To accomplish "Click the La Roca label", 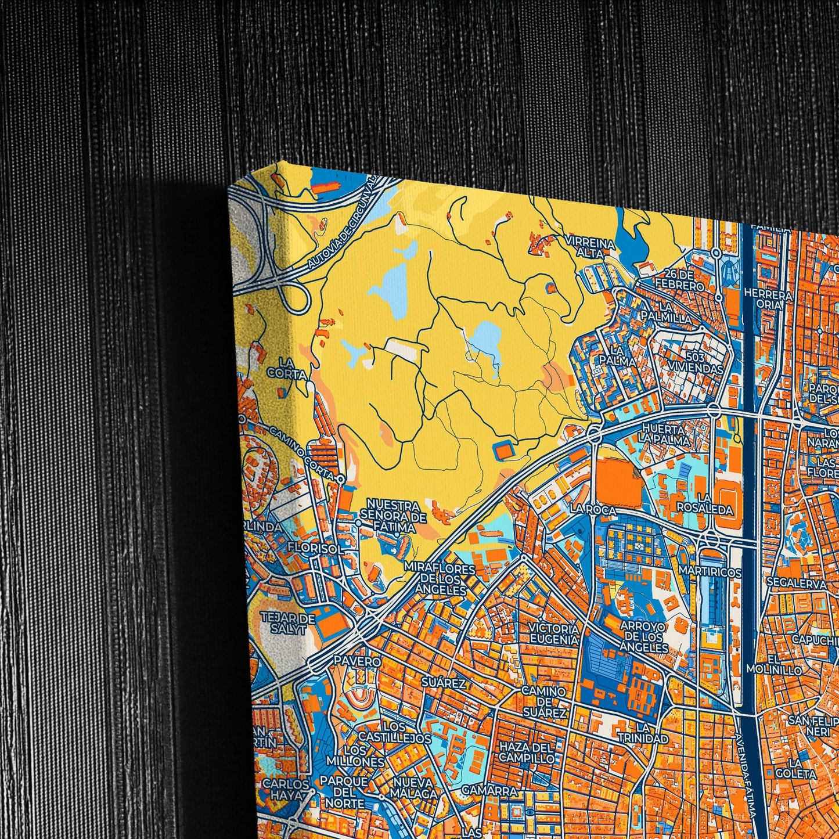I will tap(592, 509).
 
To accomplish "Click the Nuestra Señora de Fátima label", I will tap(393, 516).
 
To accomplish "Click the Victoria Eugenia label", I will tap(554, 634).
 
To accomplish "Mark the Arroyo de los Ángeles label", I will tap(643, 636).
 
